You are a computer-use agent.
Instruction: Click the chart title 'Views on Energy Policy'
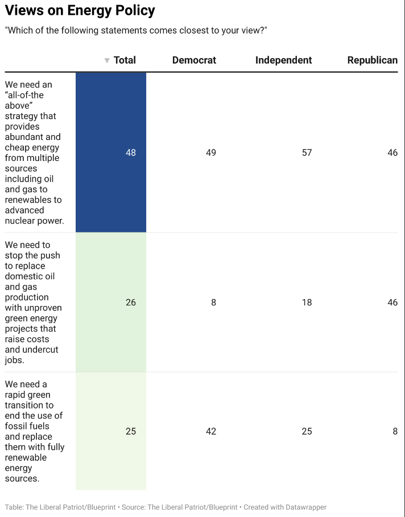click(80, 11)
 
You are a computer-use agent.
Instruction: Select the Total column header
click(125, 60)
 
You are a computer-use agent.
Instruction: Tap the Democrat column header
click(195, 60)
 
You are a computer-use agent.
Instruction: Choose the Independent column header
click(284, 60)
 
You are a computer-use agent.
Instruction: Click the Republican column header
click(373, 60)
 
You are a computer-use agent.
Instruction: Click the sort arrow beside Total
click(107, 60)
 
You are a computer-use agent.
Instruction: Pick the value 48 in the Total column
click(131, 152)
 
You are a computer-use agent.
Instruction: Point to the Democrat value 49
click(211, 152)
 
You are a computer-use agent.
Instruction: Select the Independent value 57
click(307, 152)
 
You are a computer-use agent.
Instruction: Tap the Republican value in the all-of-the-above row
click(392, 152)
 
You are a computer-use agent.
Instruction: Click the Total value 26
click(131, 303)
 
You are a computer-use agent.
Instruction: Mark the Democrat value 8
click(214, 303)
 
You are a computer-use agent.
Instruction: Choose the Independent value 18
click(307, 303)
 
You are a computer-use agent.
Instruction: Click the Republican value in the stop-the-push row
click(392, 303)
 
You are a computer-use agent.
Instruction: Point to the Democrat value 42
click(211, 431)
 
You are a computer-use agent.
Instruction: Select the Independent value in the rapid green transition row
click(307, 431)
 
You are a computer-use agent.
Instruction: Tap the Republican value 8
click(395, 431)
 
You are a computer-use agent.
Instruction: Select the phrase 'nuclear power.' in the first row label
click(35, 221)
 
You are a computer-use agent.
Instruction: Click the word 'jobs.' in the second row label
click(15, 360)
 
